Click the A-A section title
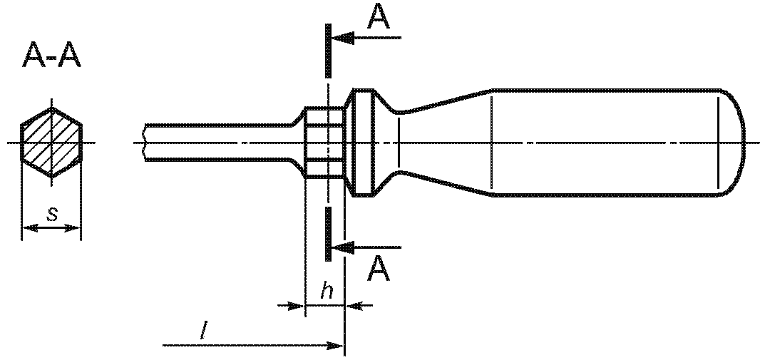tap(52, 56)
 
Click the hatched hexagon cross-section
tap(51, 143)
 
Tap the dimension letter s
tap(52, 215)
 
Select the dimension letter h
tap(327, 292)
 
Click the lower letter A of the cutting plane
tap(379, 269)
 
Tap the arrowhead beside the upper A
tap(343, 38)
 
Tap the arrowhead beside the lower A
tap(343, 247)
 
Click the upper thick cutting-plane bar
tap(329, 50)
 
